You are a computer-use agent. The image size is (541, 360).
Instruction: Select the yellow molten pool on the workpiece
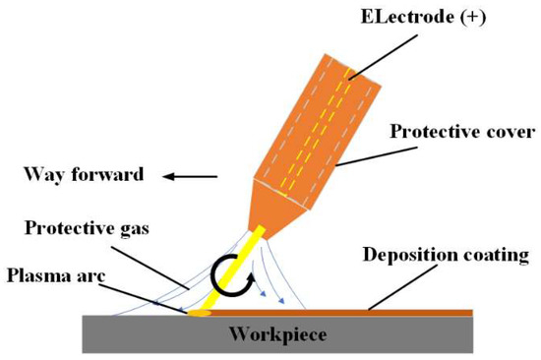[200, 314]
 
